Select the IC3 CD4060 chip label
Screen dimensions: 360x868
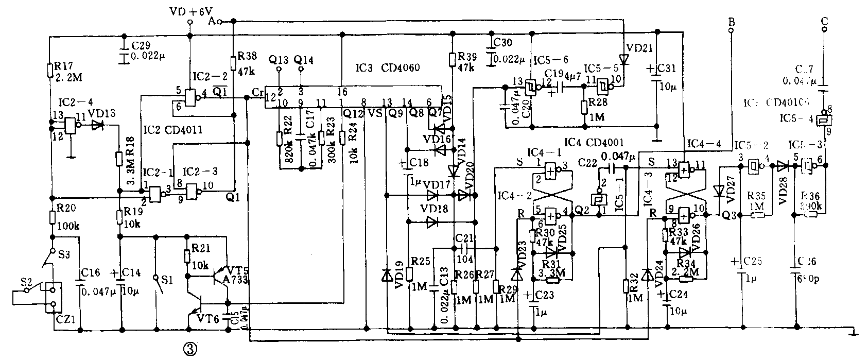coord(388,67)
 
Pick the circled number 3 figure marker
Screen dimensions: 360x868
coord(189,349)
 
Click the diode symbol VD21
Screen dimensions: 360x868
coord(624,60)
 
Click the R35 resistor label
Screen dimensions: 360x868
coord(756,196)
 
